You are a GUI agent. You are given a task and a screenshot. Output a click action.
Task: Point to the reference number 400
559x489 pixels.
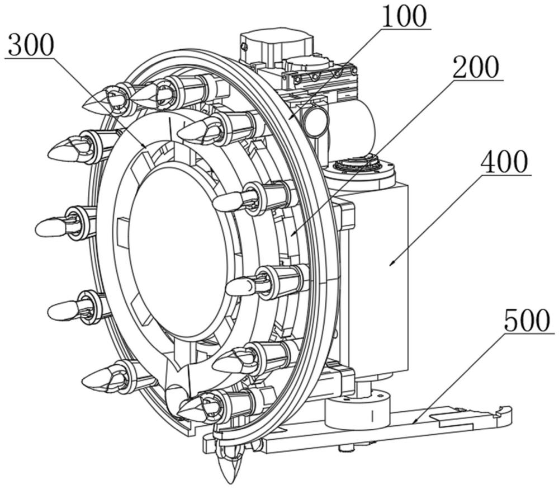point(504,162)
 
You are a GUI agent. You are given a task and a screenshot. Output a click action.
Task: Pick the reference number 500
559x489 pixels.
point(527,322)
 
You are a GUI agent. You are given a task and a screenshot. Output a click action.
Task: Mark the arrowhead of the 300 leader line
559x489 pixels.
point(144,145)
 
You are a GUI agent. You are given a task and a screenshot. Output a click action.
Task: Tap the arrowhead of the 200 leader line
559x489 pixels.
point(293,234)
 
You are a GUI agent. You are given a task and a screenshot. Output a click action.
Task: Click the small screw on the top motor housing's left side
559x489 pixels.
point(244,46)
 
